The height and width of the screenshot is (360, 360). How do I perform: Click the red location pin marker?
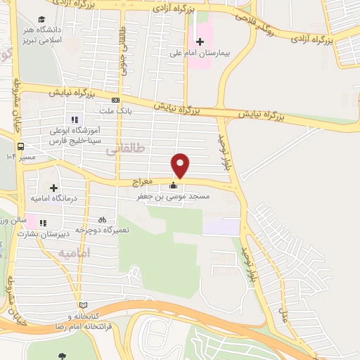click(181, 165)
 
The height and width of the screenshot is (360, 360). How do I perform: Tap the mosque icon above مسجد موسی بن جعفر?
click(174, 186)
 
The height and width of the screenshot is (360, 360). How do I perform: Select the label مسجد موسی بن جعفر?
click(172, 198)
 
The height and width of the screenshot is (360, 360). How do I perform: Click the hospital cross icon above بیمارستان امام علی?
click(200, 41)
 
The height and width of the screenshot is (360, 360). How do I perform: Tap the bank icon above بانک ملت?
click(115, 100)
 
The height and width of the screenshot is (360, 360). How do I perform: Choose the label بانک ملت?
click(116, 110)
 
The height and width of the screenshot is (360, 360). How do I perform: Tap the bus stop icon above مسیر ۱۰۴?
click(22, 147)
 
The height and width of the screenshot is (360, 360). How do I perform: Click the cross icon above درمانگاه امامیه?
click(53, 188)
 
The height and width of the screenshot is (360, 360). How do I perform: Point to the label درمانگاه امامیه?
click(53, 199)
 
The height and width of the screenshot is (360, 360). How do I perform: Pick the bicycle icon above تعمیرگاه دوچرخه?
click(103, 219)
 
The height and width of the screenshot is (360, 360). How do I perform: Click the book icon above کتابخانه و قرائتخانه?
click(84, 305)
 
